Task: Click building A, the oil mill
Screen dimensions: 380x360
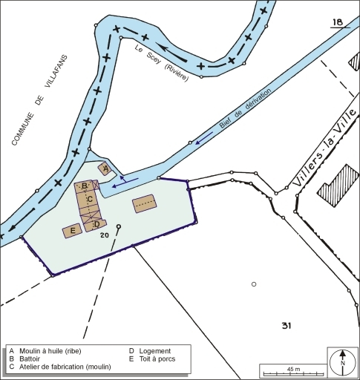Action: click(x=105, y=169)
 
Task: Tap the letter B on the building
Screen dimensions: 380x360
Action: click(x=85, y=186)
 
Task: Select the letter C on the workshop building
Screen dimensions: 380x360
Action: click(x=90, y=199)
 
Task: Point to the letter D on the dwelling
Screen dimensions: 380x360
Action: click(x=96, y=223)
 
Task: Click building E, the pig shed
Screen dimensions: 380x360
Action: click(x=72, y=232)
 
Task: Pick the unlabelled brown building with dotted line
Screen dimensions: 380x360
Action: click(x=145, y=203)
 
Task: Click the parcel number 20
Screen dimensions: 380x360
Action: click(x=105, y=235)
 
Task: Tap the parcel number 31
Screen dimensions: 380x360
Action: click(x=287, y=326)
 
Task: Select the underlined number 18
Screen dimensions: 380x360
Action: click(x=338, y=24)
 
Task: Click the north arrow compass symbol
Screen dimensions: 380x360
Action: click(x=342, y=362)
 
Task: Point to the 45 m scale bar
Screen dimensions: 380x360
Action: click(x=293, y=371)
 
